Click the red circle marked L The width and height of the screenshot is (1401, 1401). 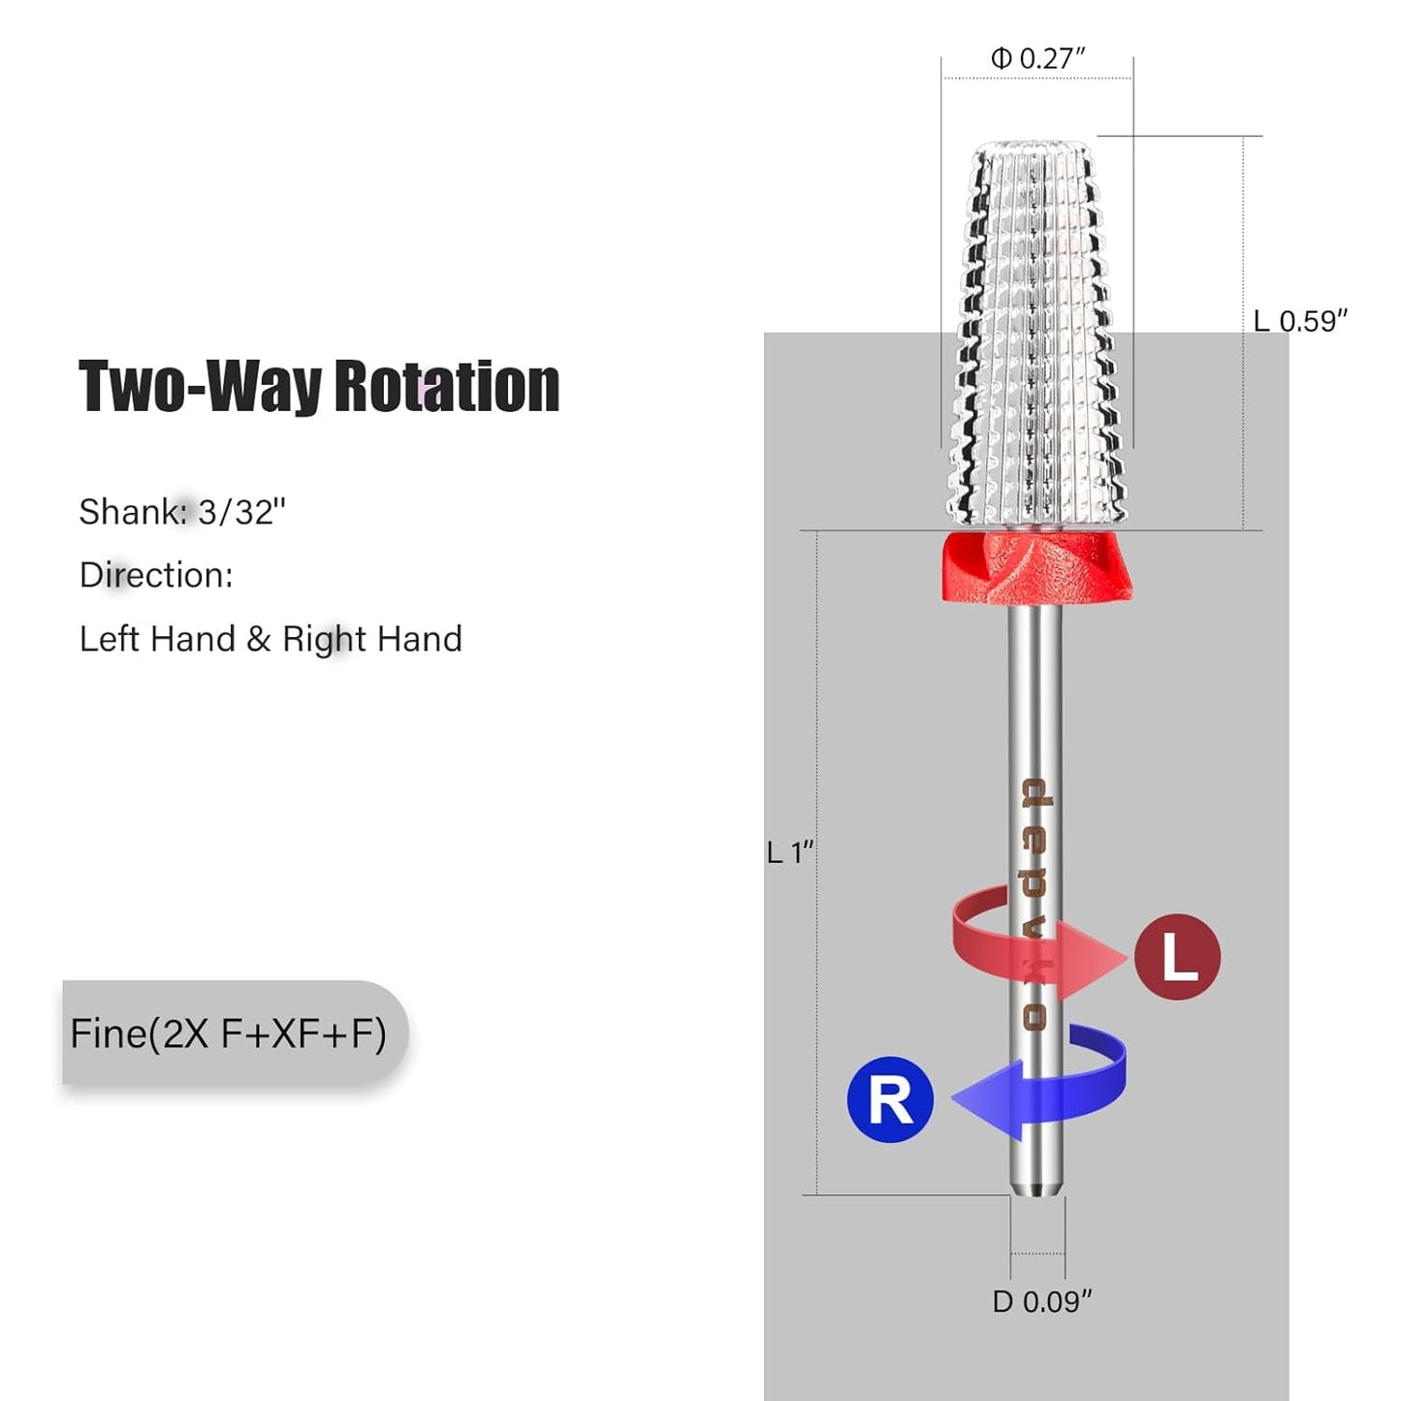(x=1177, y=957)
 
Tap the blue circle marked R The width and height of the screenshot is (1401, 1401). (x=891, y=1099)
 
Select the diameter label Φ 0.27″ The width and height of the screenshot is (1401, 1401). (x=1038, y=58)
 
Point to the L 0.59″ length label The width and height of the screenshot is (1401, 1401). (x=1301, y=321)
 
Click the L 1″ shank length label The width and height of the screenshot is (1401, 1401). (x=790, y=852)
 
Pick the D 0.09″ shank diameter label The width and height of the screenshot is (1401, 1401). (x=1042, y=1302)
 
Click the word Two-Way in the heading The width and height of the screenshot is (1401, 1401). (x=200, y=386)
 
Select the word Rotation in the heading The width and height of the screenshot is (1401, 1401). (x=447, y=386)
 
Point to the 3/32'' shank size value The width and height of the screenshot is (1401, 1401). (x=242, y=513)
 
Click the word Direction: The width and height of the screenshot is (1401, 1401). (x=156, y=575)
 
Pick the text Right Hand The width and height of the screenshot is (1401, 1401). (x=372, y=640)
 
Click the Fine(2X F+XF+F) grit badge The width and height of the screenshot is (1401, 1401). (x=235, y=1034)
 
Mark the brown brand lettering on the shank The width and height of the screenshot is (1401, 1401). (x=1035, y=904)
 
